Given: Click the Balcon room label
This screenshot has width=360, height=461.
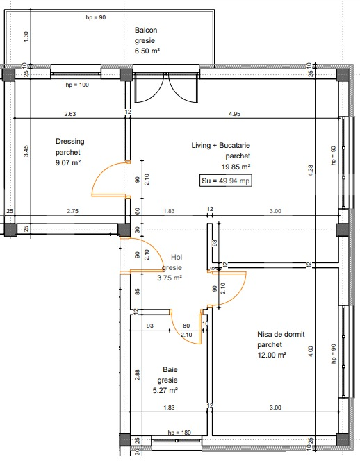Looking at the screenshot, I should [x=146, y=30].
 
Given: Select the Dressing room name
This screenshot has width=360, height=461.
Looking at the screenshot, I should [x=70, y=142].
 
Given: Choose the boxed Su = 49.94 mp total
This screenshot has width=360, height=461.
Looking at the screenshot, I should [x=225, y=181].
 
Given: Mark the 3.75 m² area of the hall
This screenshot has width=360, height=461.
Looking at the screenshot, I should [x=170, y=278].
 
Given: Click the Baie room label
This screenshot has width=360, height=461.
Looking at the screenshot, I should [x=170, y=370].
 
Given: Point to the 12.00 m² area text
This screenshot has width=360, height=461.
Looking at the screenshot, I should [x=272, y=355].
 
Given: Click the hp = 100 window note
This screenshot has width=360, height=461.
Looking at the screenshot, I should [x=78, y=85].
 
